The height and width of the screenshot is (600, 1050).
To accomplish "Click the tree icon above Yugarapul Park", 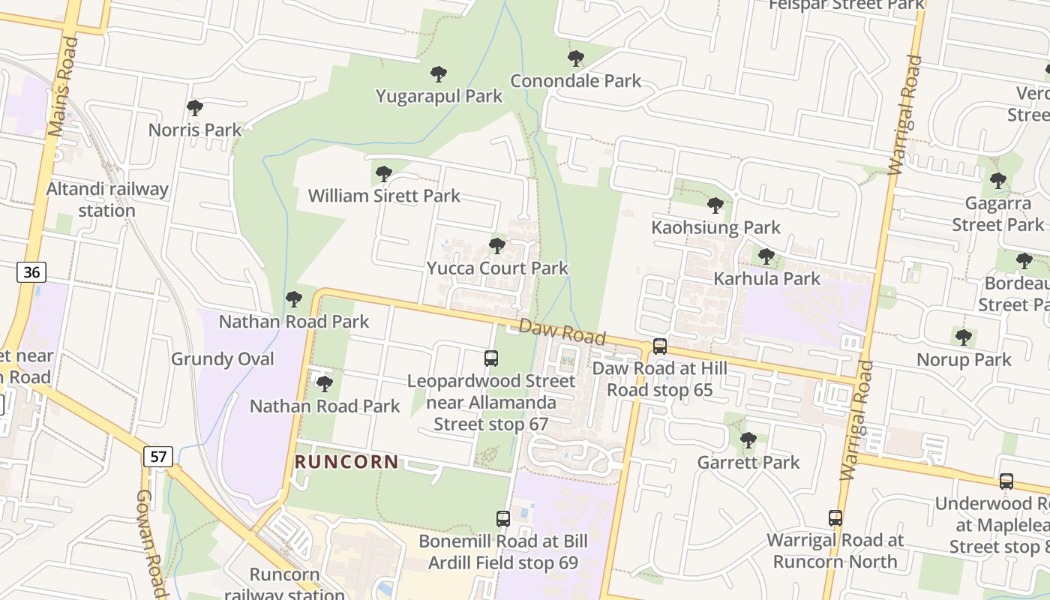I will (439, 74).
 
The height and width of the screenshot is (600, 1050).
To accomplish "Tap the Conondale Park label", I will (575, 81).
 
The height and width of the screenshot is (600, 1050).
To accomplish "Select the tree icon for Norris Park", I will (195, 108).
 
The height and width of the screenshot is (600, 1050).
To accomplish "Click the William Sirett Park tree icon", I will (383, 174).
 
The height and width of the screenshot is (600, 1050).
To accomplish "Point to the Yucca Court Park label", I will (496, 268).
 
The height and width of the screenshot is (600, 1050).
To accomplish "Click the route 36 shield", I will (31, 271).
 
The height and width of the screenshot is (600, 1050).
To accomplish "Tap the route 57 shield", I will (158, 456).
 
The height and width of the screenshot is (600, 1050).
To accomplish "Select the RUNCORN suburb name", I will (346, 461).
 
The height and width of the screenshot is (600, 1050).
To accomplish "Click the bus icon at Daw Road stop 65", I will (660, 346).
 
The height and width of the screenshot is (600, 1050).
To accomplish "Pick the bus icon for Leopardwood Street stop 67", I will (491, 358).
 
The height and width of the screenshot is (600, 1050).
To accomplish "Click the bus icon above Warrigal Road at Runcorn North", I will (835, 517).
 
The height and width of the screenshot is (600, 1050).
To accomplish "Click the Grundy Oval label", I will (223, 359).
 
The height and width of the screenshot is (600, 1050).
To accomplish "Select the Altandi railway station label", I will (107, 199).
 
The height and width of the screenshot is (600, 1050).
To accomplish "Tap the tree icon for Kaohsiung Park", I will (715, 205).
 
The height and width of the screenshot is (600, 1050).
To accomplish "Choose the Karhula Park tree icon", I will (766, 256).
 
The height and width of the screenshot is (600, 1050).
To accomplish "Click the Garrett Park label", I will (748, 462).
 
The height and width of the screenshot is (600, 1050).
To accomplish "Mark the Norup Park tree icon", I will (964, 337).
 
